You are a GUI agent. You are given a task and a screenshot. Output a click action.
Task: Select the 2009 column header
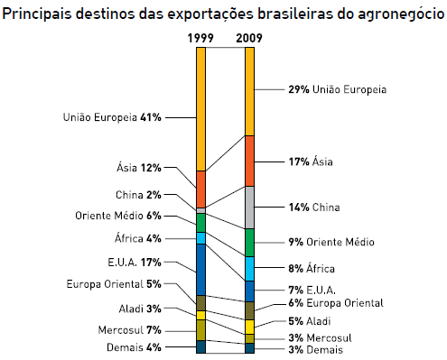249,39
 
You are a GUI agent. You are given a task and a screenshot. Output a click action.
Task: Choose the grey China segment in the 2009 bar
249,207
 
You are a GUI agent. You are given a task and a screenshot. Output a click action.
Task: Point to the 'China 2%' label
138,194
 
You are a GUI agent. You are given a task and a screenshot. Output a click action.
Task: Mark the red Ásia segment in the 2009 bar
249,161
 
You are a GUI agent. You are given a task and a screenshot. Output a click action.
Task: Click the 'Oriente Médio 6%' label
117,216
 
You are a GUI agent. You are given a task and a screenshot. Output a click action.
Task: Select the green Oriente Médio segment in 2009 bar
249,242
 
